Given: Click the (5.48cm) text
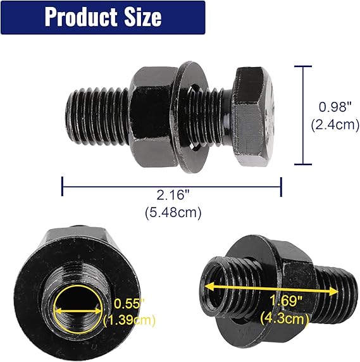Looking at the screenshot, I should coord(171,213).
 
